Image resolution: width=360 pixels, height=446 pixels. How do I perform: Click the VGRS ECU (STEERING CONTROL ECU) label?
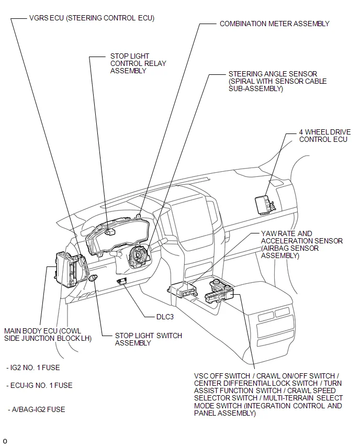pos(92,18)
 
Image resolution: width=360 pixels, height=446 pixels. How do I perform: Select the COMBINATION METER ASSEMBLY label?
pos(274,24)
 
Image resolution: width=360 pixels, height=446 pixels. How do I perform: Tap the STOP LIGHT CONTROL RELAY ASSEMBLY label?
pos(138,63)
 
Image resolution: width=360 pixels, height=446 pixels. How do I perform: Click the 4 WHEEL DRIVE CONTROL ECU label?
pos(324,136)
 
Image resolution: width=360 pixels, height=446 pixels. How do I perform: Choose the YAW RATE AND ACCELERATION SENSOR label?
pos(302,244)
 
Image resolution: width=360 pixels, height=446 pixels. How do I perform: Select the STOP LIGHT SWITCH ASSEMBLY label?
pos(148,339)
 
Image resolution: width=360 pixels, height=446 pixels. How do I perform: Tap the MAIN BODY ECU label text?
pos(48,334)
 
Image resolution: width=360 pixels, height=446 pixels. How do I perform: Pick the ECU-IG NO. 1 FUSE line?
pos(40,385)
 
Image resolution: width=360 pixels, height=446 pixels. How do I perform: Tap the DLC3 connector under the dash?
pos(123,281)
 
